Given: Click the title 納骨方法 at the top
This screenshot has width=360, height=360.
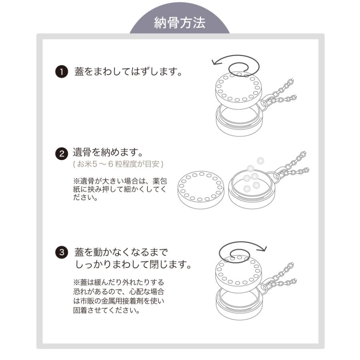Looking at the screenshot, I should [180, 23].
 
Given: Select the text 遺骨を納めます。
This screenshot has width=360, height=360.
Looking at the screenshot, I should [108, 153].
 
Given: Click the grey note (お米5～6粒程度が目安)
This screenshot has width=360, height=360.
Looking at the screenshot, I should [118, 164].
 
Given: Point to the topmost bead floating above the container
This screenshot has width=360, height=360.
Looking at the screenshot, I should [260, 160].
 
